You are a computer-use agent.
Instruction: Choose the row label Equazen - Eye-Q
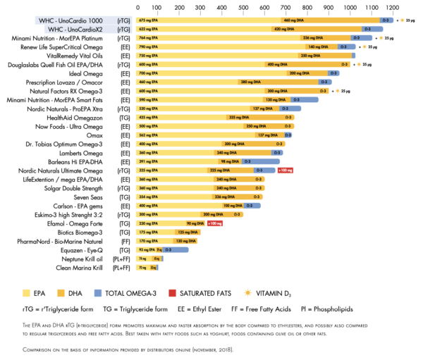tap(81, 249)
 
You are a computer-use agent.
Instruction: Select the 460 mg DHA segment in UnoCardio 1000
tap(338, 20)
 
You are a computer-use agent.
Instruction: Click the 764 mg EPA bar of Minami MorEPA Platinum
tap(211, 38)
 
